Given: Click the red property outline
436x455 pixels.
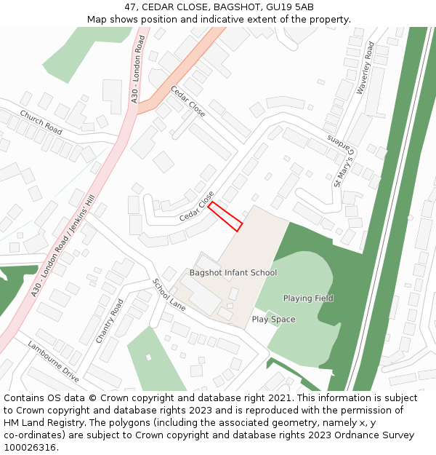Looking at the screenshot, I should click(x=225, y=217).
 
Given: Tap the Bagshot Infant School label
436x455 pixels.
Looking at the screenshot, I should click(x=233, y=273).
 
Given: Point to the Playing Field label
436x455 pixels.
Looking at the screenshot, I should click(x=308, y=298).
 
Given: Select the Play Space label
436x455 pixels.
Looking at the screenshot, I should click(x=273, y=320).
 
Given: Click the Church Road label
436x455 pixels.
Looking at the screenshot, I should click(x=41, y=122).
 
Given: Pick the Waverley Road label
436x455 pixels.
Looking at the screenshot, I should click(x=365, y=68).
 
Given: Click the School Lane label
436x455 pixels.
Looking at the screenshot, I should click(x=169, y=295).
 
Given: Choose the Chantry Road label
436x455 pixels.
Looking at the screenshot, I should click(x=110, y=320).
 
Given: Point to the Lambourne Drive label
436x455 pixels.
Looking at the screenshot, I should click(x=53, y=361).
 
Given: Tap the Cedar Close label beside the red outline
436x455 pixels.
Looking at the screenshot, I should click(x=197, y=207).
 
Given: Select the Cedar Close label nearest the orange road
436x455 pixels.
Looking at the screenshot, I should click(x=188, y=101).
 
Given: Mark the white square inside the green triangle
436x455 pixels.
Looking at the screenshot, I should click(x=149, y=357).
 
